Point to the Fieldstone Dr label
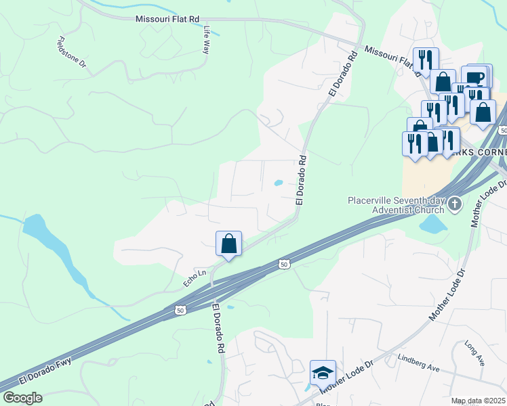coord(73,52)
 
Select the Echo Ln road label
coord(194,275)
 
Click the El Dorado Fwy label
coord(45,371)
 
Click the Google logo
coord(22,397)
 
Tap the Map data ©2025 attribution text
coord(479,401)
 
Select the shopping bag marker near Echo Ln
coord(228,244)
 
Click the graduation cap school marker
coord(323,372)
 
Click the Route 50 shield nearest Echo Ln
coord(180,311)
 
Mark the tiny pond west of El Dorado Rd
coord(278,183)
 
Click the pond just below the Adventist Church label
coord(433,224)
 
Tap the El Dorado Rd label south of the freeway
coord(218,329)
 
